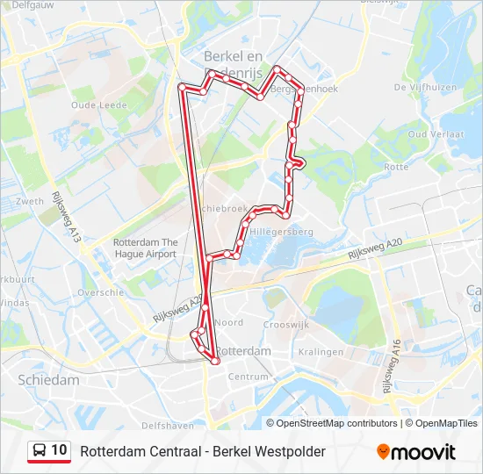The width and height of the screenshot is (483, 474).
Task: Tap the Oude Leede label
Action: pyautogui.click(x=94, y=104)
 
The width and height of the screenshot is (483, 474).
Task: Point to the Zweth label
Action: pyautogui.click(x=29, y=201)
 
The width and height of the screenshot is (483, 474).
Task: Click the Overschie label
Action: pyautogui.click(x=100, y=292)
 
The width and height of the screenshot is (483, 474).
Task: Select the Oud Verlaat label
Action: pyautogui.click(x=429, y=134)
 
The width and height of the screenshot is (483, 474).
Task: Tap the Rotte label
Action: pyautogui.click(x=397, y=166)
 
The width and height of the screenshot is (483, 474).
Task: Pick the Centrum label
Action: pyautogui.click(x=248, y=377)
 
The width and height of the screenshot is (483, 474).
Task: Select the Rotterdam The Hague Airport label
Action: pyautogui.click(x=145, y=248)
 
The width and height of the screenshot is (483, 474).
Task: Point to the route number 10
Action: pyautogui.click(x=60, y=450)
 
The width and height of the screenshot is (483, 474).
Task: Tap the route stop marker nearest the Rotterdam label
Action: pyautogui.click(x=215, y=360)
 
